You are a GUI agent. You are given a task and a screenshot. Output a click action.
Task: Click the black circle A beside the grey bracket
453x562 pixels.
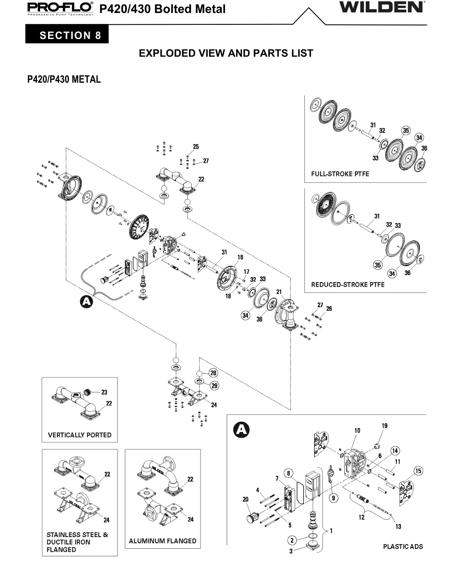(x=86, y=302)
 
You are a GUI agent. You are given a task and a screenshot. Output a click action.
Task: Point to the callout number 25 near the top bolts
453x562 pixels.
(x=196, y=147)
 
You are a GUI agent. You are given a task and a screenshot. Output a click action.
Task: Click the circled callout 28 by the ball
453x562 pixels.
(x=213, y=373)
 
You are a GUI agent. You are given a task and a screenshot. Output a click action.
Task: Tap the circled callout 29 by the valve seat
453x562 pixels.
(x=214, y=386)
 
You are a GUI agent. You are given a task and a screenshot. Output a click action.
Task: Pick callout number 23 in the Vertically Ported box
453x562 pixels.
(x=104, y=392)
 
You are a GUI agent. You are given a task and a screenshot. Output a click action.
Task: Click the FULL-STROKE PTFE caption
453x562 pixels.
(x=340, y=174)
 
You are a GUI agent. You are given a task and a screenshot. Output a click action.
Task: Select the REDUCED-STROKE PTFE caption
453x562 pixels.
(x=348, y=285)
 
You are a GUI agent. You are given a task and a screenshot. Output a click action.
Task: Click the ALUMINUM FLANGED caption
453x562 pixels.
(x=163, y=541)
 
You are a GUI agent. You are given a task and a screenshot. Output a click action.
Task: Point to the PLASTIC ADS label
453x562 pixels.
(x=403, y=546)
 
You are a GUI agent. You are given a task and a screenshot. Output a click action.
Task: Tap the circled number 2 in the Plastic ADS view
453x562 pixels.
(x=292, y=540)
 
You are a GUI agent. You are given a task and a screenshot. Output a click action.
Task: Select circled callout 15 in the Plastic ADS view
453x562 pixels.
(x=418, y=471)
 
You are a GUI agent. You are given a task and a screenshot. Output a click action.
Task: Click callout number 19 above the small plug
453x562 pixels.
(x=385, y=426)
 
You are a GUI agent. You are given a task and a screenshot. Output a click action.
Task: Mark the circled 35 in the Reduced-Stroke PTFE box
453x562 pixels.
(x=378, y=265)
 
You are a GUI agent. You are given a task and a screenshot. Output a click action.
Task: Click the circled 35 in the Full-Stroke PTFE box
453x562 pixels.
(x=406, y=130)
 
